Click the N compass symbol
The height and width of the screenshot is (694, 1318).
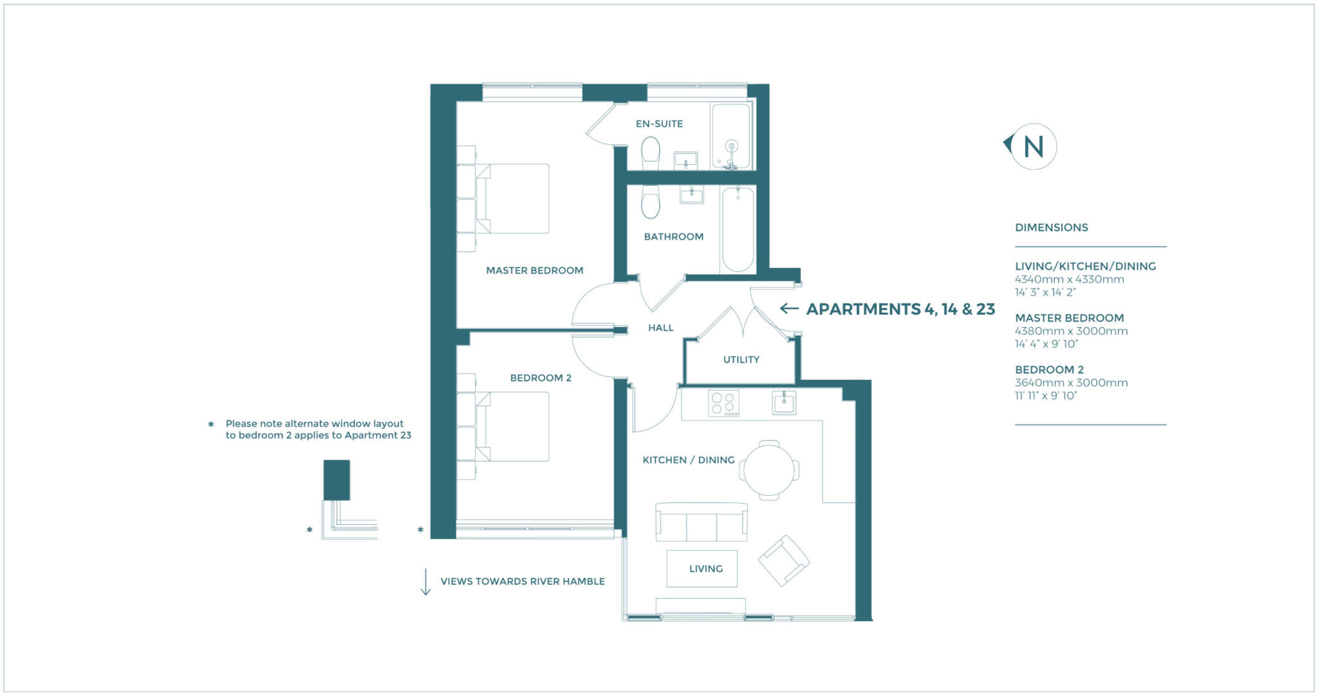1032,147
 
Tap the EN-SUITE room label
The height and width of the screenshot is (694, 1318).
659,124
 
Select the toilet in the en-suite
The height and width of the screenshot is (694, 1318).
651,152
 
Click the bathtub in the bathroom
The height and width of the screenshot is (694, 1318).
738,229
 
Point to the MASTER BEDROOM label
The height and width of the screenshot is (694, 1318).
534,270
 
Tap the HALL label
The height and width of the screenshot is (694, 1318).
660,328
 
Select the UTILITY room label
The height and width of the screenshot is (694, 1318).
741,359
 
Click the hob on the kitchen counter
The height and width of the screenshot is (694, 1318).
723,404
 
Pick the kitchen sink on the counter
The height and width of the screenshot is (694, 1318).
784,403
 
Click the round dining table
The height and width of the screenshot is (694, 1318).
769,471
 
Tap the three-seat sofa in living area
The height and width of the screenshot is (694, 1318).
701,522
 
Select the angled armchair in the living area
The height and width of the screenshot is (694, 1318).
783,560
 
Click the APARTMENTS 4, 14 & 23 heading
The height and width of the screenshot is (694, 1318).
900,309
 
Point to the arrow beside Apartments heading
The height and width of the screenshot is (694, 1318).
789,308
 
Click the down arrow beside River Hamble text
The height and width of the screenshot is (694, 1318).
425,582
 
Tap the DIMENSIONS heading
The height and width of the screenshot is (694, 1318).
1051,227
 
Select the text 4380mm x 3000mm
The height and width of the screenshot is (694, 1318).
1071,331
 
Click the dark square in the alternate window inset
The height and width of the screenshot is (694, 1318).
337,480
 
